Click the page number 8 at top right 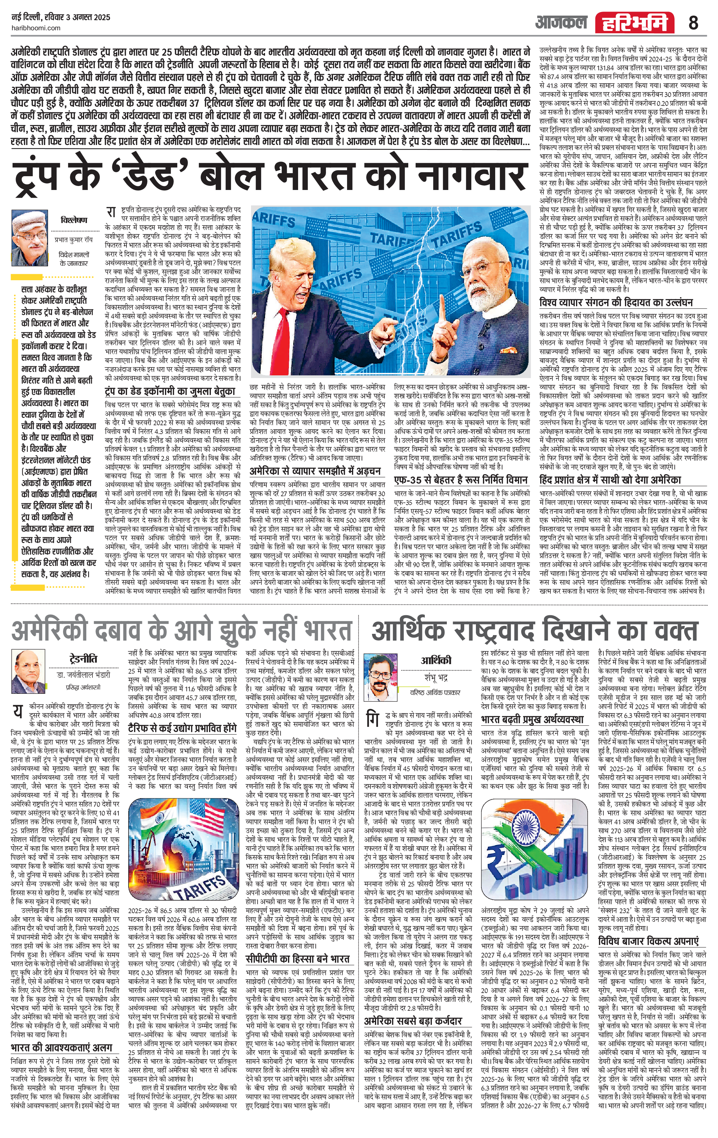(x=693, y=22)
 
